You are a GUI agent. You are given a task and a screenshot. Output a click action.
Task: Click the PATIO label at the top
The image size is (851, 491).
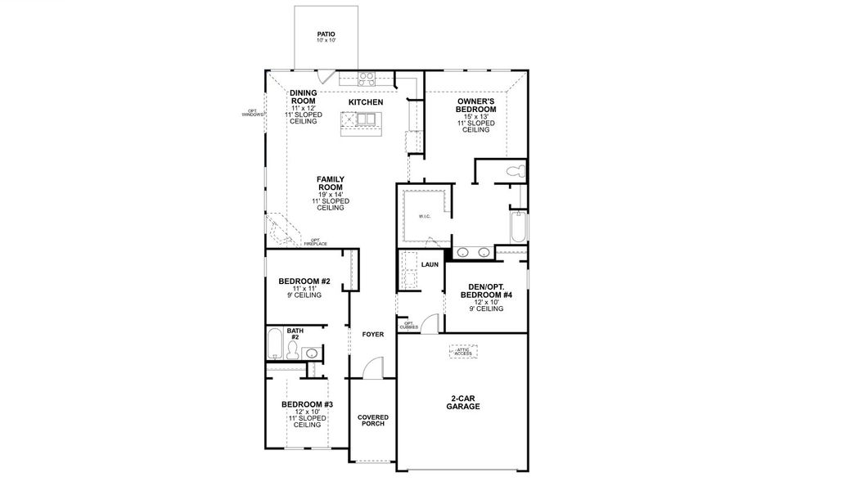coord(326,34)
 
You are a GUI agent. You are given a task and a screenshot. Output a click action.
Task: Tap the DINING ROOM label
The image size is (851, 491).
coord(303,97)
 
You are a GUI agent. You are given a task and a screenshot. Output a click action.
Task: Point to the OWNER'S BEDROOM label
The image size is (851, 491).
coord(476,105)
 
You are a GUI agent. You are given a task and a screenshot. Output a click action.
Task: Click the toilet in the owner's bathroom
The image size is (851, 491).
coord(513,172)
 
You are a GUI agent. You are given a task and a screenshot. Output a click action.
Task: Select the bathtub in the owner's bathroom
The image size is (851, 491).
coord(519,227)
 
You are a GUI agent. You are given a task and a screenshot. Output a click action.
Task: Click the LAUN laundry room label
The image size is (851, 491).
coord(430,265)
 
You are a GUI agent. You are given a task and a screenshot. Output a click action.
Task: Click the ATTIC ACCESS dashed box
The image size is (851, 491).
coord(464,352)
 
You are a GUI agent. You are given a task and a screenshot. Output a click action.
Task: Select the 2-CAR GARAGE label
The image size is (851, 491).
coord(463,403)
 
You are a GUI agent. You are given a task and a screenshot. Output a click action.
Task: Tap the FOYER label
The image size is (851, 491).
coord(372,334)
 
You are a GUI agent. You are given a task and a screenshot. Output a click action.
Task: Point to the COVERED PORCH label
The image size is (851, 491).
coord(373,421)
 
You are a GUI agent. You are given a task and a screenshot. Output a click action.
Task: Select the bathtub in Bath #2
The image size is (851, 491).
coord(275,344)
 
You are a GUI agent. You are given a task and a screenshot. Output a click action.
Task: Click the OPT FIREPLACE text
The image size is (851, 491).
coord(315,241)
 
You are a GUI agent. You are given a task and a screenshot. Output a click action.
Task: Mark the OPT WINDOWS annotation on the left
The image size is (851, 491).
coord(254,113)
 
